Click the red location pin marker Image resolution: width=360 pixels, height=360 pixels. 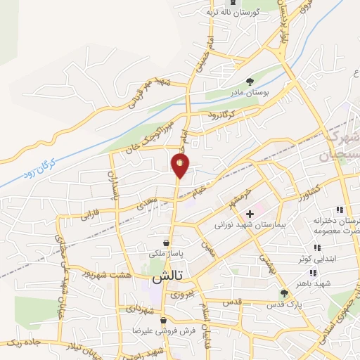(180, 165)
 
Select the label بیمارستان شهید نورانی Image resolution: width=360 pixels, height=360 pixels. (250, 227)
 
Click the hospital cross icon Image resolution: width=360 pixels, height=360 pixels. (250, 213)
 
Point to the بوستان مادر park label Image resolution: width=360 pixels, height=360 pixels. (244, 92)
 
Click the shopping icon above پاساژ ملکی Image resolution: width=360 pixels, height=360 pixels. (165, 243)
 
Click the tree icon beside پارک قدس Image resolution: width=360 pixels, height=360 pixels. (284, 294)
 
